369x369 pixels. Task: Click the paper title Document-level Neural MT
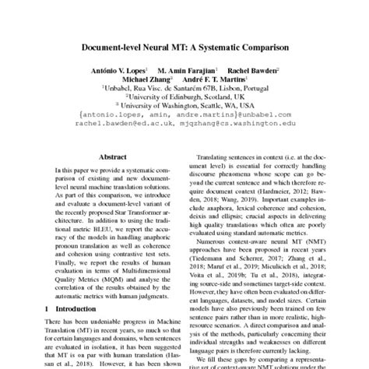click(184, 47)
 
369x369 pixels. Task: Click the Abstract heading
click(111, 156)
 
